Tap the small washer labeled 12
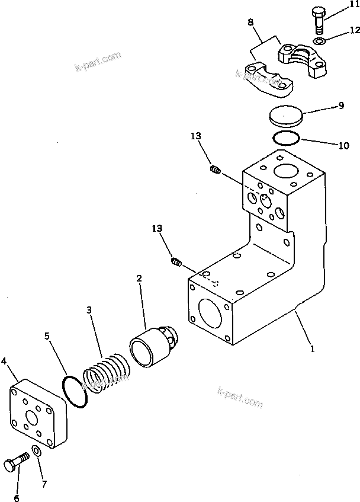coord(319,41)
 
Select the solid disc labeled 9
coord(285,115)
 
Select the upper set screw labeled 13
coord(216,171)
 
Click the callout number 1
coord(312,348)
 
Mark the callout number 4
coord(4,360)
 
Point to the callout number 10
coord(343,145)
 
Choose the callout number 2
coord(139,277)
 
